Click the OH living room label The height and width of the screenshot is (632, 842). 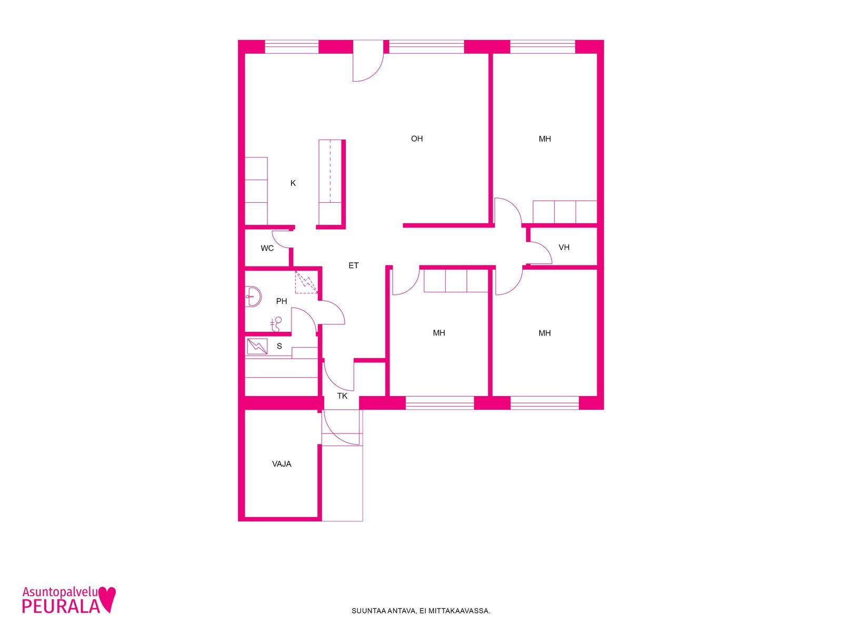417,139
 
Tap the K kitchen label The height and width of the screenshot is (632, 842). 293,183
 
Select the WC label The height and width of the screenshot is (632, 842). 267,248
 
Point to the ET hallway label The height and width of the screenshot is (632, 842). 353,265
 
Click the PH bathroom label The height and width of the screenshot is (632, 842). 281,301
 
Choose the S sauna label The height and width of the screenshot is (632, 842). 279,346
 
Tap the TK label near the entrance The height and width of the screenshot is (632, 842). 342,396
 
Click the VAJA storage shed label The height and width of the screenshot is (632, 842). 282,464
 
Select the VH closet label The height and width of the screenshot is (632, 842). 564,248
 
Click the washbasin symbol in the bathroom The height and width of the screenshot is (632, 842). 253,296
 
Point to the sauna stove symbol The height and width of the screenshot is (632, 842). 257,347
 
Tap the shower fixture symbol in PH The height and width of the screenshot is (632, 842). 276,324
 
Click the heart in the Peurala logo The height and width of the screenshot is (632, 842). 107,599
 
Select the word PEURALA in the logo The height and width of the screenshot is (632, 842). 61,606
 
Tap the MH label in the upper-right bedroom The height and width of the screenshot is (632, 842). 544,139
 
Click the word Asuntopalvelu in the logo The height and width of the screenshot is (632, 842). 60,592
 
